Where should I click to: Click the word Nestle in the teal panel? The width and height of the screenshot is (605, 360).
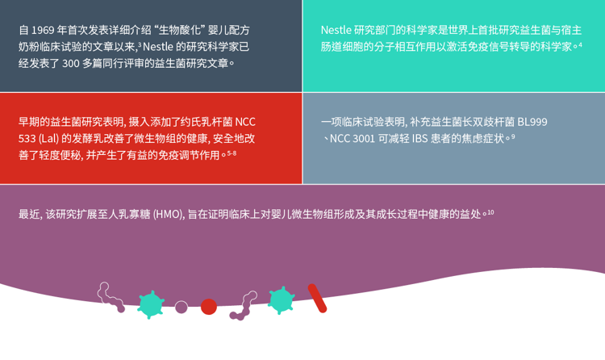click(339, 31)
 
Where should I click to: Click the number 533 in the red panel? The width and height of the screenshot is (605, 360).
click(30, 138)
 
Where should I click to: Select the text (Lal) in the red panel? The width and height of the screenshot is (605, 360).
click(59, 138)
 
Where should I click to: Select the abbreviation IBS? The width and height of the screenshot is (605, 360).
click(422, 138)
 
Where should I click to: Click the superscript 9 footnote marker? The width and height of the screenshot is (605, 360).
click(513, 136)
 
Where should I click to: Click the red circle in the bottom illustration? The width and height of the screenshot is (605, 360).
click(209, 307)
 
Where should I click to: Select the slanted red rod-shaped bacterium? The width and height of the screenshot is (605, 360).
click(317, 297)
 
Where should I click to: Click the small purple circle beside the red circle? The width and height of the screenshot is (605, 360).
click(181, 307)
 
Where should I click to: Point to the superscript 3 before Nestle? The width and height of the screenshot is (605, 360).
click(140, 44)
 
